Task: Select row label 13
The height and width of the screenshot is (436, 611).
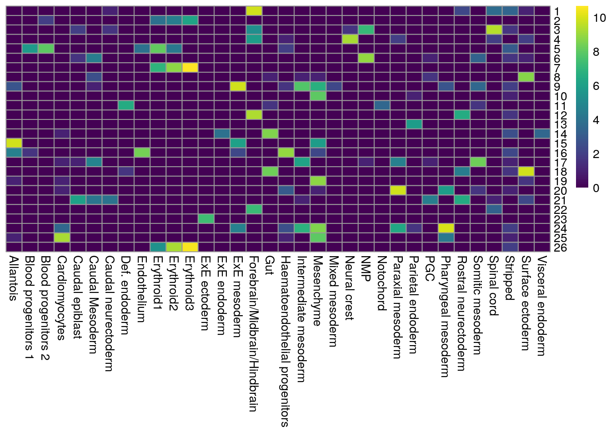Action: click(561, 124)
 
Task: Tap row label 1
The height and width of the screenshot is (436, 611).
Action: click(558, 11)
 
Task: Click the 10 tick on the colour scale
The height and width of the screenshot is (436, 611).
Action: click(600, 18)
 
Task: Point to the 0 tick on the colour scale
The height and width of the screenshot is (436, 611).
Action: click(596, 188)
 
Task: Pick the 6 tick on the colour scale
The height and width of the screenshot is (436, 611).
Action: click(596, 86)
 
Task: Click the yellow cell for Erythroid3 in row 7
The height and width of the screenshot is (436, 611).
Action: click(190, 68)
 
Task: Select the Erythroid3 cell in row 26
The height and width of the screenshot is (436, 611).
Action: click(190, 247)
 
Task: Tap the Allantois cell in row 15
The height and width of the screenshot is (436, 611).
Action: click(14, 143)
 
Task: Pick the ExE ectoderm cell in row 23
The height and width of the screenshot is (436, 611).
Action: click(206, 218)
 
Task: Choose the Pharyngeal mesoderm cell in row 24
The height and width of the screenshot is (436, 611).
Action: click(446, 228)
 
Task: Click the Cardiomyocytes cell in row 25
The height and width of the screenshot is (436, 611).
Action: click(62, 237)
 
